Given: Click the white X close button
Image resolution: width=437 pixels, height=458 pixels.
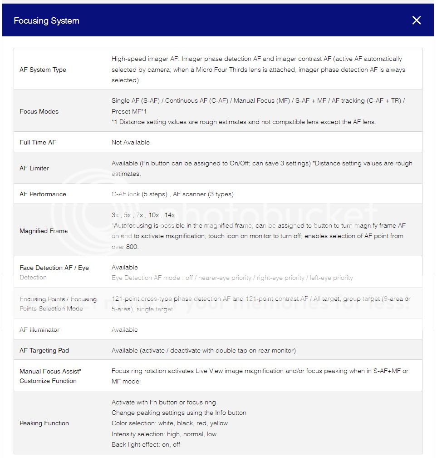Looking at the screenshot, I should click(416, 20).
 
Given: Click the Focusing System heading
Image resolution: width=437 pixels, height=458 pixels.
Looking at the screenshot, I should click(46, 21).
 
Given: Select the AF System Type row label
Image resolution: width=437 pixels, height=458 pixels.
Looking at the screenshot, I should click(43, 70).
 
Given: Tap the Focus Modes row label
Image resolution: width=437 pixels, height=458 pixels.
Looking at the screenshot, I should click(39, 111).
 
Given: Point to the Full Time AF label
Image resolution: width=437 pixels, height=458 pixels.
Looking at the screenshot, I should click(38, 142).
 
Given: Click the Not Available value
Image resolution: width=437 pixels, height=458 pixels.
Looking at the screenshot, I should click(130, 142).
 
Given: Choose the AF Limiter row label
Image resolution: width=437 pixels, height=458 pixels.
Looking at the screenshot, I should click(34, 168).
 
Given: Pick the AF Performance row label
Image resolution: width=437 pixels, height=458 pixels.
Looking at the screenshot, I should click(43, 194).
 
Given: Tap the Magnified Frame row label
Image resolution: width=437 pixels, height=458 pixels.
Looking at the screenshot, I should click(44, 231).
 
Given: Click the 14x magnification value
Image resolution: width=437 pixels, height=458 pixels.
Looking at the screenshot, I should click(169, 215).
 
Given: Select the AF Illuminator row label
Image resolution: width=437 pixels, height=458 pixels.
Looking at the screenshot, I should click(39, 329).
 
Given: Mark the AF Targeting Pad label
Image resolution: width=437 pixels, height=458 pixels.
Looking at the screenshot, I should click(44, 350).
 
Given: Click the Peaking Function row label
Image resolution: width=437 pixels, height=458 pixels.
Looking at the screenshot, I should click(44, 423).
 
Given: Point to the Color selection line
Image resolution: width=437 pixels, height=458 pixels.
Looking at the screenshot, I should click(170, 423).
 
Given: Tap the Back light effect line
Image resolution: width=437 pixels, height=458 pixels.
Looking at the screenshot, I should click(146, 444).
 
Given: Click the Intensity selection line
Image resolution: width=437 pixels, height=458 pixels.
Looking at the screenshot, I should click(164, 434).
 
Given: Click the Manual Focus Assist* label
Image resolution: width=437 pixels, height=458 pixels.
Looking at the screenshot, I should click(50, 371).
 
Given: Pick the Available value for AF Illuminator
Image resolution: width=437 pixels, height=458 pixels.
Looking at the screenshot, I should click(125, 329).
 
